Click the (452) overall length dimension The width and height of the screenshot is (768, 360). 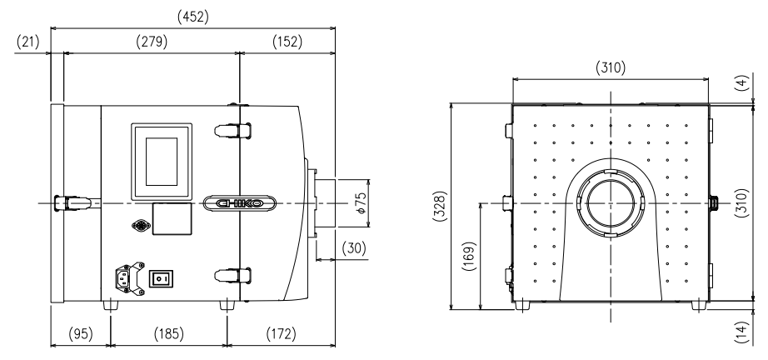tap(193, 17)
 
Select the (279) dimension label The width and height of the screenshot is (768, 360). tap(152, 42)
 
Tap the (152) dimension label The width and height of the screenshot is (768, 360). tap(287, 42)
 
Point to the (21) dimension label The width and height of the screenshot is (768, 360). tap(27, 42)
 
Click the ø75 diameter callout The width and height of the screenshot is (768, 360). tap(361, 202)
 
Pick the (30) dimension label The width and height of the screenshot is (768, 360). tap(354, 248)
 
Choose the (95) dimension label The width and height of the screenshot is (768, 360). tap(81, 334)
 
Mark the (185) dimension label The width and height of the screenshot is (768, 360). tap(169, 334)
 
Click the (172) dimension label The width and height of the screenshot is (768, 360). tap(282, 334)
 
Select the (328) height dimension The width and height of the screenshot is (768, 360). tap(440, 206)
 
